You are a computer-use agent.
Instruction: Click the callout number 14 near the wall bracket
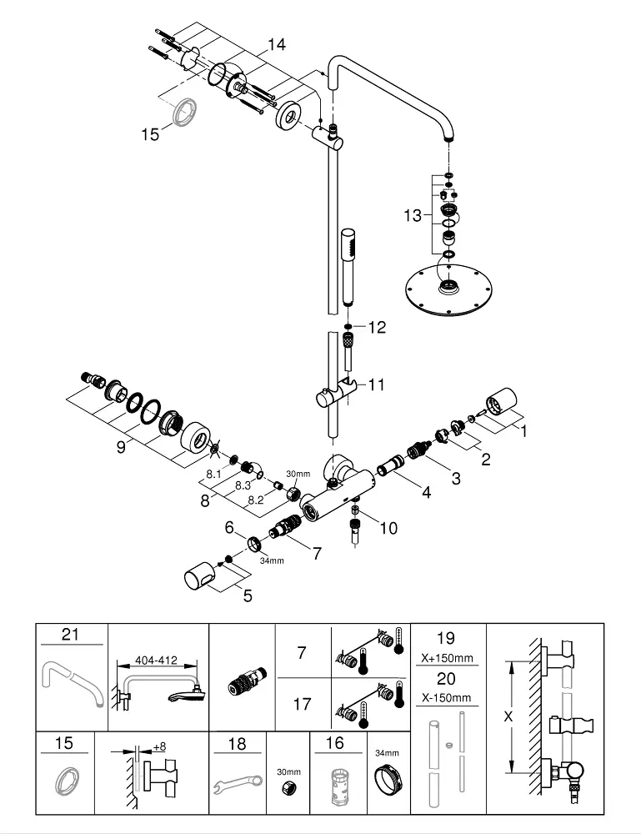point(277,45)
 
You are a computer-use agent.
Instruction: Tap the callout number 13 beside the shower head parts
point(413,216)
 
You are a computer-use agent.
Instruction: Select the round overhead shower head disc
point(448,290)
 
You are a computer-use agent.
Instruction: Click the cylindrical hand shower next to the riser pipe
point(348,267)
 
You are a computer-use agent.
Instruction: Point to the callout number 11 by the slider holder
point(376,384)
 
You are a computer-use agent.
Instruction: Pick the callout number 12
point(377,327)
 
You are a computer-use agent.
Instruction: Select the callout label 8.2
point(256,500)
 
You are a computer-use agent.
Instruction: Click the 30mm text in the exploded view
point(298,474)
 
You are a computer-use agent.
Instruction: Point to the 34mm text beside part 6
point(272,560)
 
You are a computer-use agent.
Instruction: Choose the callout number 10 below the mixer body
point(388,528)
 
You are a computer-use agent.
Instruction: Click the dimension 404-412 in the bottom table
point(156,661)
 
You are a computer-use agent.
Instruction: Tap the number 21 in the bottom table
point(70,635)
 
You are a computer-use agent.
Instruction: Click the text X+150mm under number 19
point(447,658)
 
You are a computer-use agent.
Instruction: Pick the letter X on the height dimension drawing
point(508,716)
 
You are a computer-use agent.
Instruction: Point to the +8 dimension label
point(159,746)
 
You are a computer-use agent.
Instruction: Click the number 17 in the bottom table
point(302,704)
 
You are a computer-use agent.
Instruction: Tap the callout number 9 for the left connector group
point(121,447)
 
